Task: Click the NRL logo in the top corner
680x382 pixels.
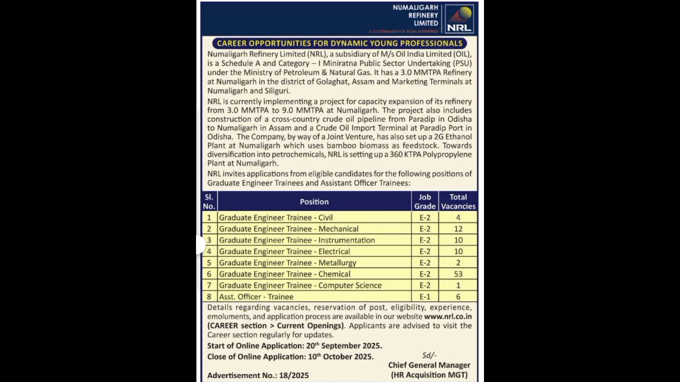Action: (458, 19)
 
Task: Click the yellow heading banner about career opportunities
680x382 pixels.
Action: (339, 43)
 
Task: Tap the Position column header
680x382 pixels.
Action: (314, 202)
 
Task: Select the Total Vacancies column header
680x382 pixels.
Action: (458, 202)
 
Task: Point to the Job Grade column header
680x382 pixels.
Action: (424, 202)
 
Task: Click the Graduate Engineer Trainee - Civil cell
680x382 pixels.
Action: (276, 218)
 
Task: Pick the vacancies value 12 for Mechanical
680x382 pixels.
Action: (458, 229)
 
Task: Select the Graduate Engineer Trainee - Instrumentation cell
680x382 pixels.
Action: (296, 240)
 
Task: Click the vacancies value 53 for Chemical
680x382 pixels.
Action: (458, 274)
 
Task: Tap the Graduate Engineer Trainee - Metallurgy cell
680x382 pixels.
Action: (287, 263)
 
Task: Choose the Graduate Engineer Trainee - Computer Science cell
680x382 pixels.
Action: (300, 285)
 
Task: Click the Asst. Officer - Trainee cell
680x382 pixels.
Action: (256, 297)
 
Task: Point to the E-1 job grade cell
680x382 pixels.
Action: (424, 297)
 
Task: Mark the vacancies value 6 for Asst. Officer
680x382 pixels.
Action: (458, 297)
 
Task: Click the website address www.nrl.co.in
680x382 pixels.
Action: (448, 317)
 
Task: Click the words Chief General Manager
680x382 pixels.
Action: (429, 365)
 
